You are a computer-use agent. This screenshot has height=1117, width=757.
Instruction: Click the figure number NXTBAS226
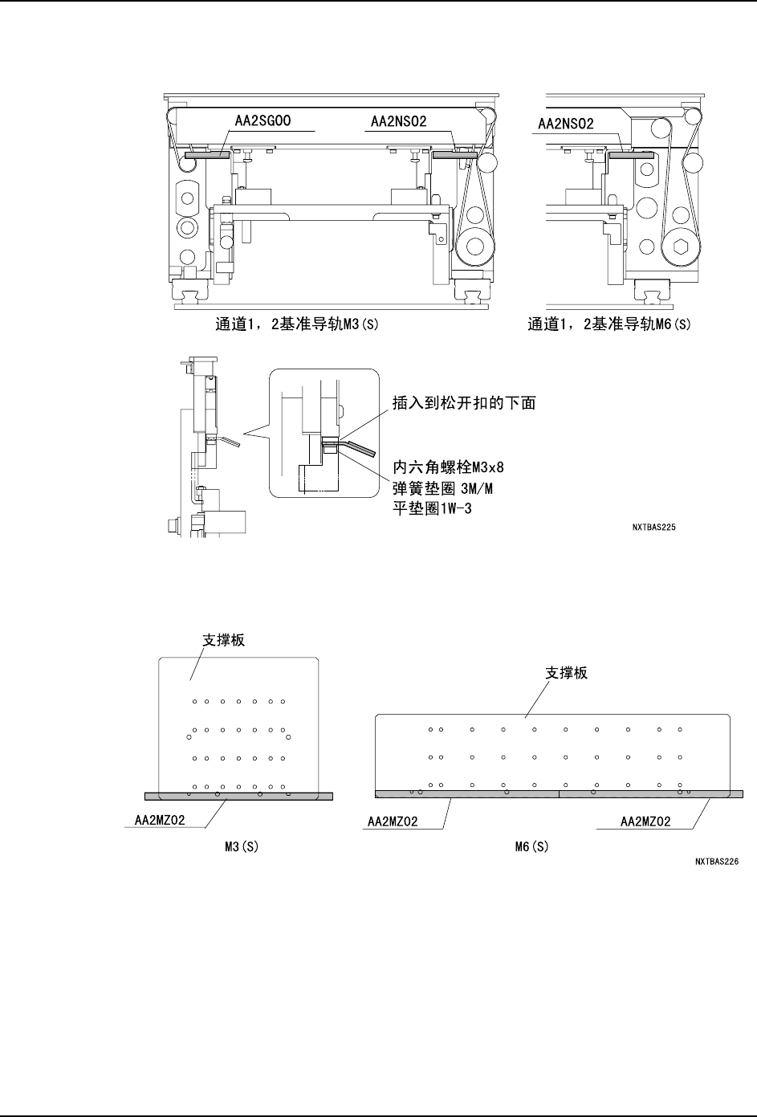tap(716, 863)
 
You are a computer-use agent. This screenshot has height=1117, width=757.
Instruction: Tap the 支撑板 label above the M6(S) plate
tap(567, 673)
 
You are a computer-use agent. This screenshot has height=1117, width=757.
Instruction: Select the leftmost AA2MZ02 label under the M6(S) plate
tap(394, 822)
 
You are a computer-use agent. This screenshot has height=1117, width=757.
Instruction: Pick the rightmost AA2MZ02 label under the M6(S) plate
tap(646, 822)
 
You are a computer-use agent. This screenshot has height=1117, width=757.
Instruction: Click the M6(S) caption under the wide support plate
tap(531, 846)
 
